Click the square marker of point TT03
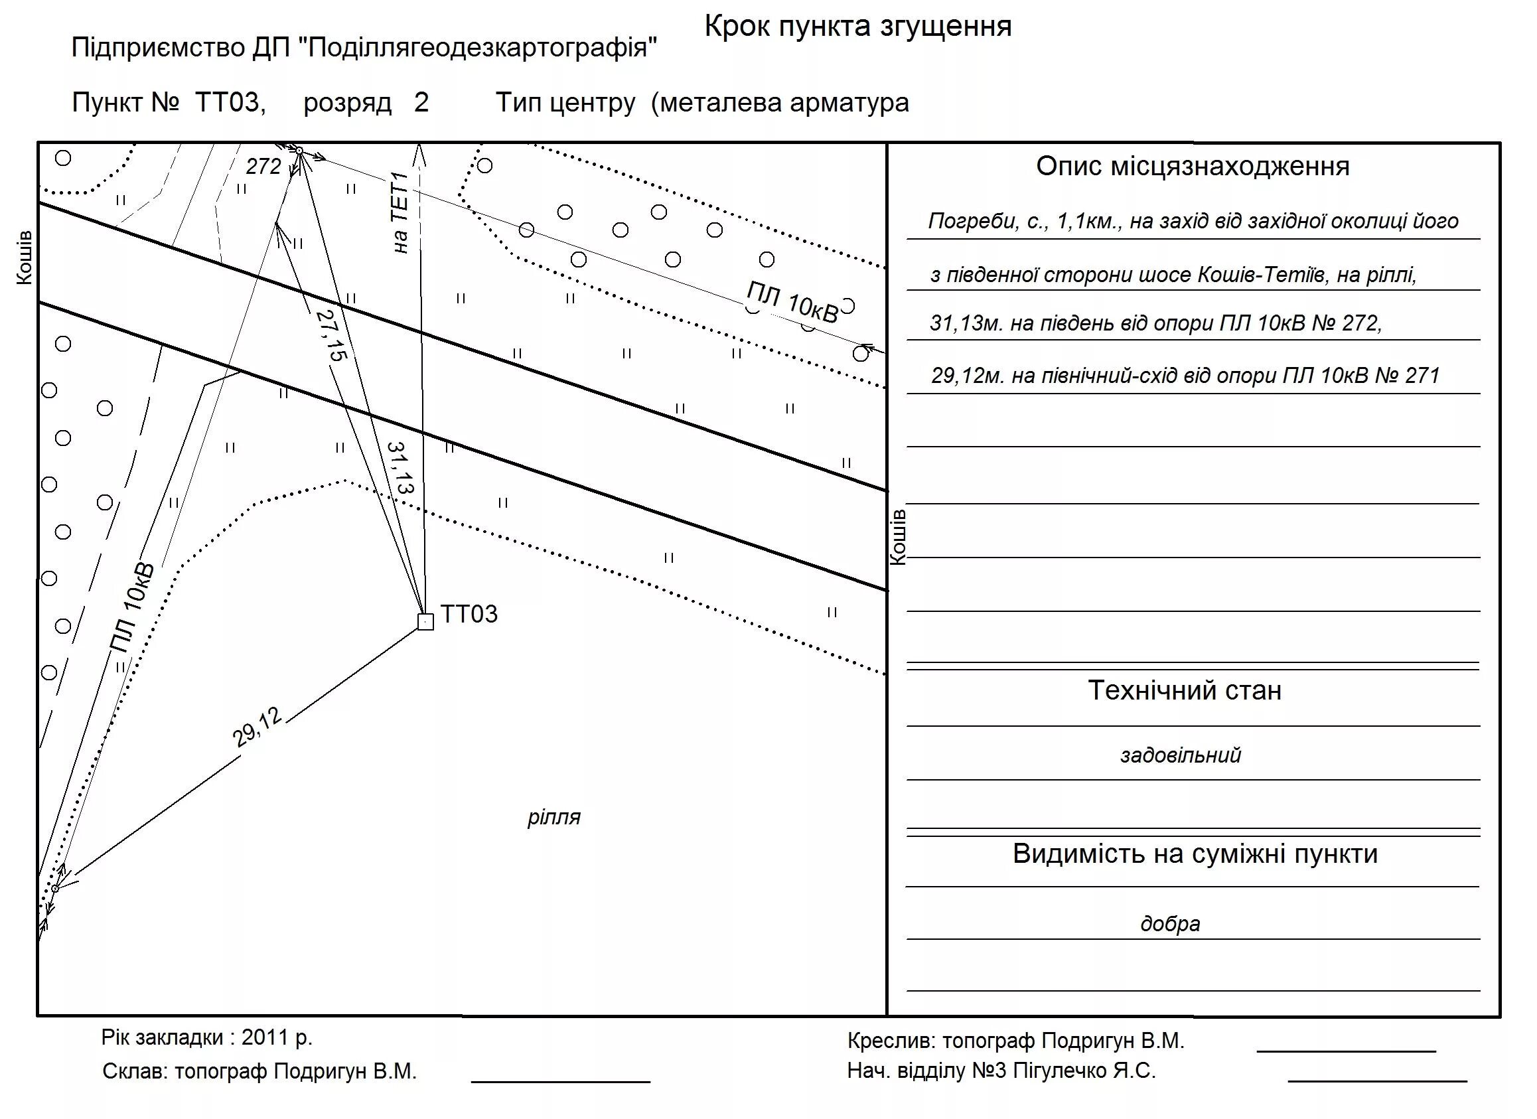[x=425, y=621]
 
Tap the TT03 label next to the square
[x=469, y=614]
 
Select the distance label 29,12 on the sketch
[x=257, y=727]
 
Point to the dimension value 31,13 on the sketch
[x=401, y=468]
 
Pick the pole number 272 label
[x=263, y=166]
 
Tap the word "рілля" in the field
[x=553, y=817]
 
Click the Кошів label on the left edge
[x=25, y=258]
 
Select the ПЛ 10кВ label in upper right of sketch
[x=792, y=302]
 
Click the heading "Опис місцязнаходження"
[x=1192, y=166]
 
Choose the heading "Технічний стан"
[x=1185, y=690]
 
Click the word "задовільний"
[x=1180, y=755]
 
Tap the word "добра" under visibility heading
[x=1170, y=923]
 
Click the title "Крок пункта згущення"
[x=858, y=27]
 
